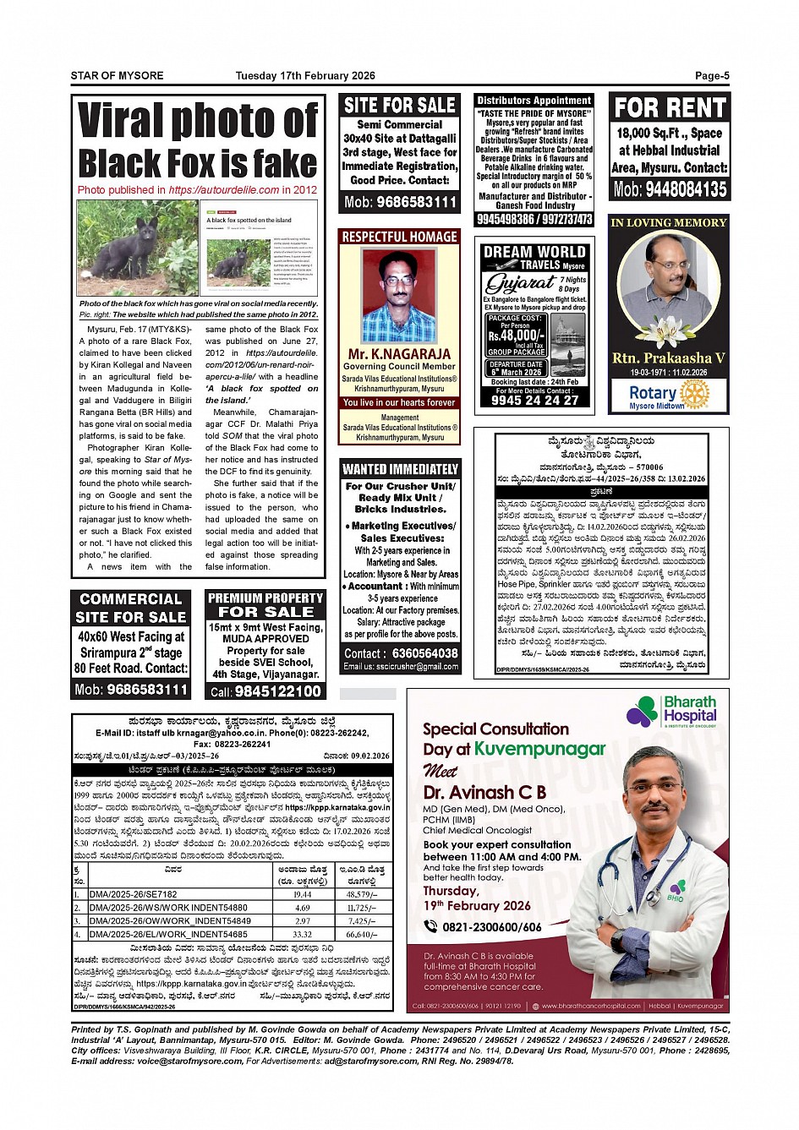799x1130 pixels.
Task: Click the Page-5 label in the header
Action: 711,76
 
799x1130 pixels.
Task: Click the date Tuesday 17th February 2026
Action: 304,76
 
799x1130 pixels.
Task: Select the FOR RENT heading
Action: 670,108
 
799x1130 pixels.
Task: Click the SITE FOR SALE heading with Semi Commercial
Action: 399,106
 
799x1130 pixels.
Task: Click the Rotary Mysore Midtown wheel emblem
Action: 695,393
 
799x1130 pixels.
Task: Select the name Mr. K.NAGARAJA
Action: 399,354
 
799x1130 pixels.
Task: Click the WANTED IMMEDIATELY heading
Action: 400,469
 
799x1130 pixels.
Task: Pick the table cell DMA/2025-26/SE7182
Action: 134,894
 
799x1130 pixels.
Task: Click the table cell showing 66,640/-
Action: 362,935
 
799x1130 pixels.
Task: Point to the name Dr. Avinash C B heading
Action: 484,793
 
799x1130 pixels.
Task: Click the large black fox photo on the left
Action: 137,248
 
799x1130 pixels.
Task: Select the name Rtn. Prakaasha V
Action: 668,358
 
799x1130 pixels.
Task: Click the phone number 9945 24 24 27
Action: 534,401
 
